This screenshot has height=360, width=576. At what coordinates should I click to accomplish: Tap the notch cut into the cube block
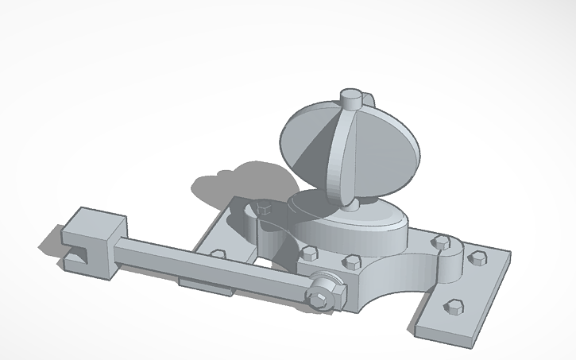[x=77, y=254]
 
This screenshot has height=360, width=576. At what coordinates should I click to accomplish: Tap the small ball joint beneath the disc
[x=350, y=206]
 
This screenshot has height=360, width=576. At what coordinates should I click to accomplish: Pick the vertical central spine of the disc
[x=343, y=151]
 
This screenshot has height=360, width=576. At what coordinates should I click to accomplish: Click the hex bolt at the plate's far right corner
[x=477, y=257]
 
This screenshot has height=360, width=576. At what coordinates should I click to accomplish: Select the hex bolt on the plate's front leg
[x=454, y=306]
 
